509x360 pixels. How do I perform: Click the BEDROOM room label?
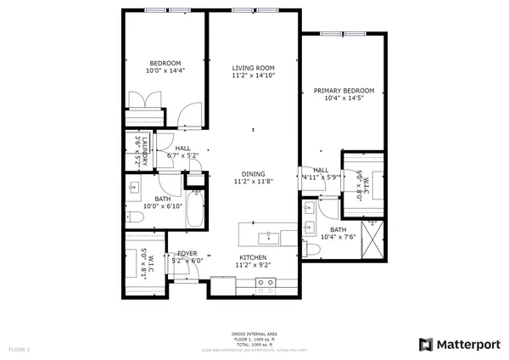[165, 64]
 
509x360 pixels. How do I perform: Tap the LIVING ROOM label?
[255, 68]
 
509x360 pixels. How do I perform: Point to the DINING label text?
[253, 173]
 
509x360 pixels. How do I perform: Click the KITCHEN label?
[253, 257]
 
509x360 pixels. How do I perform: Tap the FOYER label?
[187, 254]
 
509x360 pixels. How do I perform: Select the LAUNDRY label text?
[144, 150]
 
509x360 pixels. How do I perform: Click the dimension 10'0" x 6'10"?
[163, 205]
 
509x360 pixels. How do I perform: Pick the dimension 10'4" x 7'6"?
[338, 237]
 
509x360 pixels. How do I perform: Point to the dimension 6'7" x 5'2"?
[183, 155]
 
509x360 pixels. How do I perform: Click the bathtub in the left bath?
[194, 210]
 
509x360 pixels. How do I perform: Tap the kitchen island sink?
[270, 233]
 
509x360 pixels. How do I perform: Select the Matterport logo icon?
[427, 344]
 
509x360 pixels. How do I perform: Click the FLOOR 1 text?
[19, 349]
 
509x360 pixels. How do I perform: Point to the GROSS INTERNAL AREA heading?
[254, 334]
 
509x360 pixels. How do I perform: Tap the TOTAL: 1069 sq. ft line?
[254, 344]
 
